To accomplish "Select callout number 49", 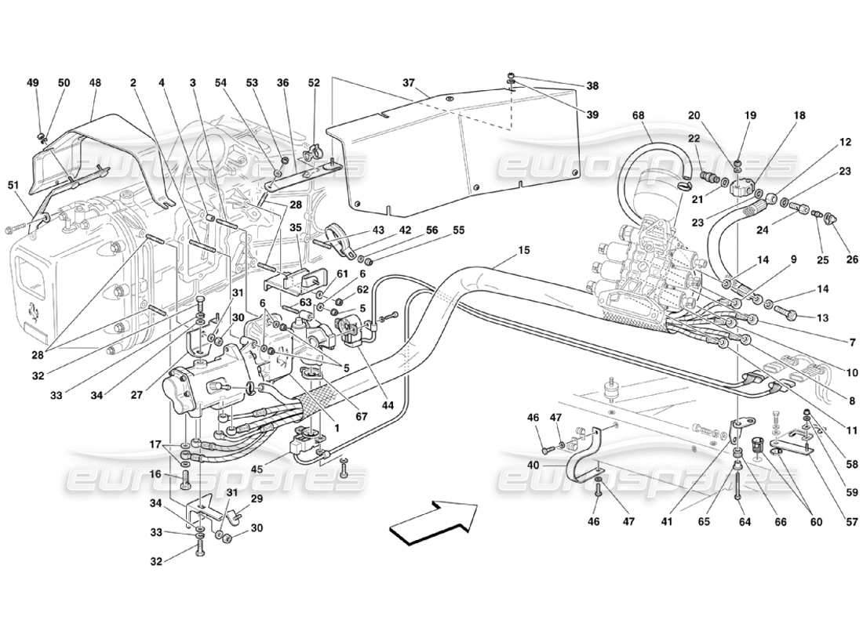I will click(x=32, y=82).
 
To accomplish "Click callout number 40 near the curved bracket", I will click(x=533, y=464).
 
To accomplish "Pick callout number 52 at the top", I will click(x=315, y=82).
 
